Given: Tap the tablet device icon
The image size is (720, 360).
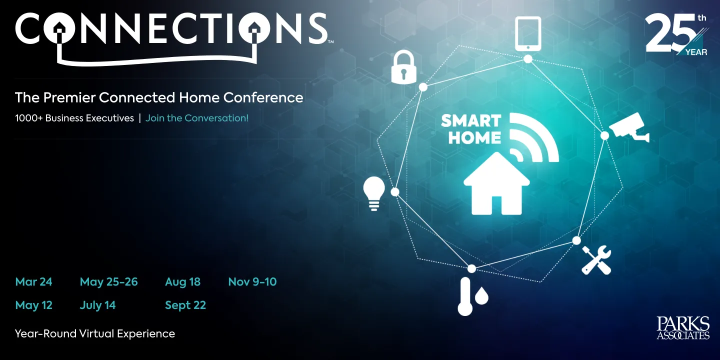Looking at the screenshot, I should [x=528, y=33].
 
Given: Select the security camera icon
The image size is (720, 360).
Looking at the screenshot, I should [x=629, y=127].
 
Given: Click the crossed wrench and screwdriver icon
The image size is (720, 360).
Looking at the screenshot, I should [x=596, y=259].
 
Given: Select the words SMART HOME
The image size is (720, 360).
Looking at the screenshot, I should [x=470, y=129].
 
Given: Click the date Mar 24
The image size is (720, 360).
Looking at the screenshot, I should [x=33, y=282].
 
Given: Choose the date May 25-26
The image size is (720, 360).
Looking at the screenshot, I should [x=108, y=282].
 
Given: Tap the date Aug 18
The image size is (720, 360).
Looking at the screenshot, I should [x=182, y=282].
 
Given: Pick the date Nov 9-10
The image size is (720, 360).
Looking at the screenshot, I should [x=252, y=282].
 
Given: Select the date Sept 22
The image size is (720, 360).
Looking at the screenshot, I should [x=185, y=305].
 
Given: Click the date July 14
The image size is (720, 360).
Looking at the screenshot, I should [x=97, y=305].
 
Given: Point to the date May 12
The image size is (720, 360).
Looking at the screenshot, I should [x=33, y=305].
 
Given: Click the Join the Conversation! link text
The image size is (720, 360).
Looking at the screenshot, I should [x=196, y=118].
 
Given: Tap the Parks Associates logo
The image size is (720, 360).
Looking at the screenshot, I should [x=683, y=328].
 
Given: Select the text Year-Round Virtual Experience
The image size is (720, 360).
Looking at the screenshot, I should [x=95, y=334].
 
